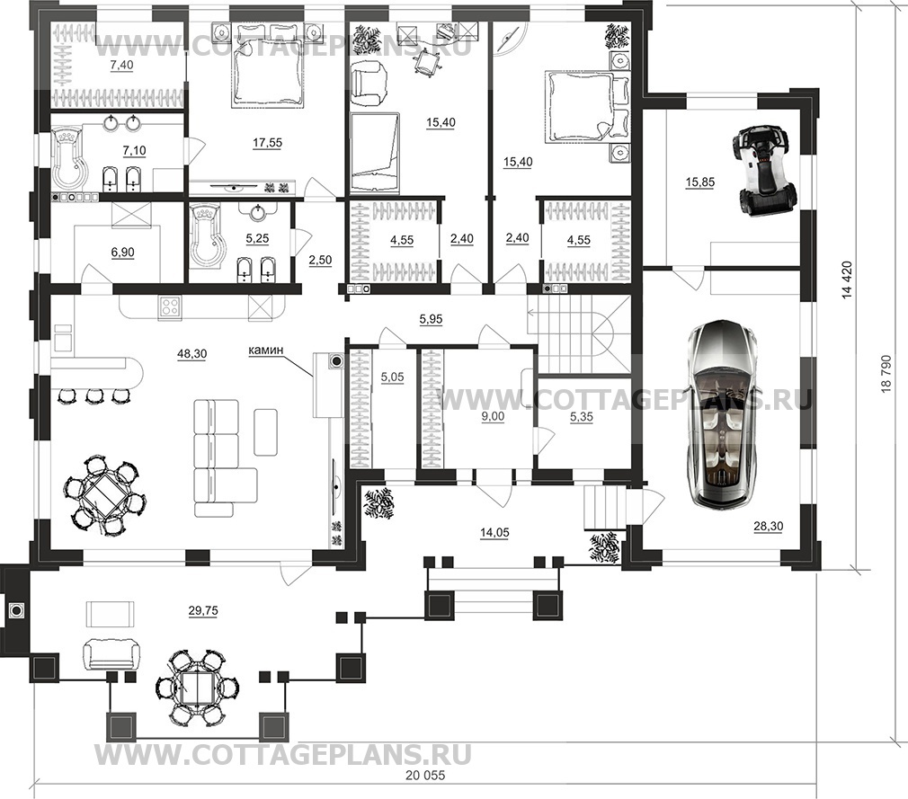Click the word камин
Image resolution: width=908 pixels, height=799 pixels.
pos(266,350)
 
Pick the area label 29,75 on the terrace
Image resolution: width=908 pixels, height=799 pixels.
pos(202,611)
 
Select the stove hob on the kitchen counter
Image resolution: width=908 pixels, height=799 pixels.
pos(171,306)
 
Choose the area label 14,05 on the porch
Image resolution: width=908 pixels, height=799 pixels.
pos(494,533)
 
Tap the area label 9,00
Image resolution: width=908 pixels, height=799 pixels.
pos(493,416)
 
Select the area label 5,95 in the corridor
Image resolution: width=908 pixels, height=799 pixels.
pos(431,319)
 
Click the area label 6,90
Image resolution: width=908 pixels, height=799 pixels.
pos(122,253)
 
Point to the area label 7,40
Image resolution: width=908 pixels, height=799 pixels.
pos(121,65)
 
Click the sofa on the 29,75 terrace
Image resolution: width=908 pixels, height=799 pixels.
pos(112,654)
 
